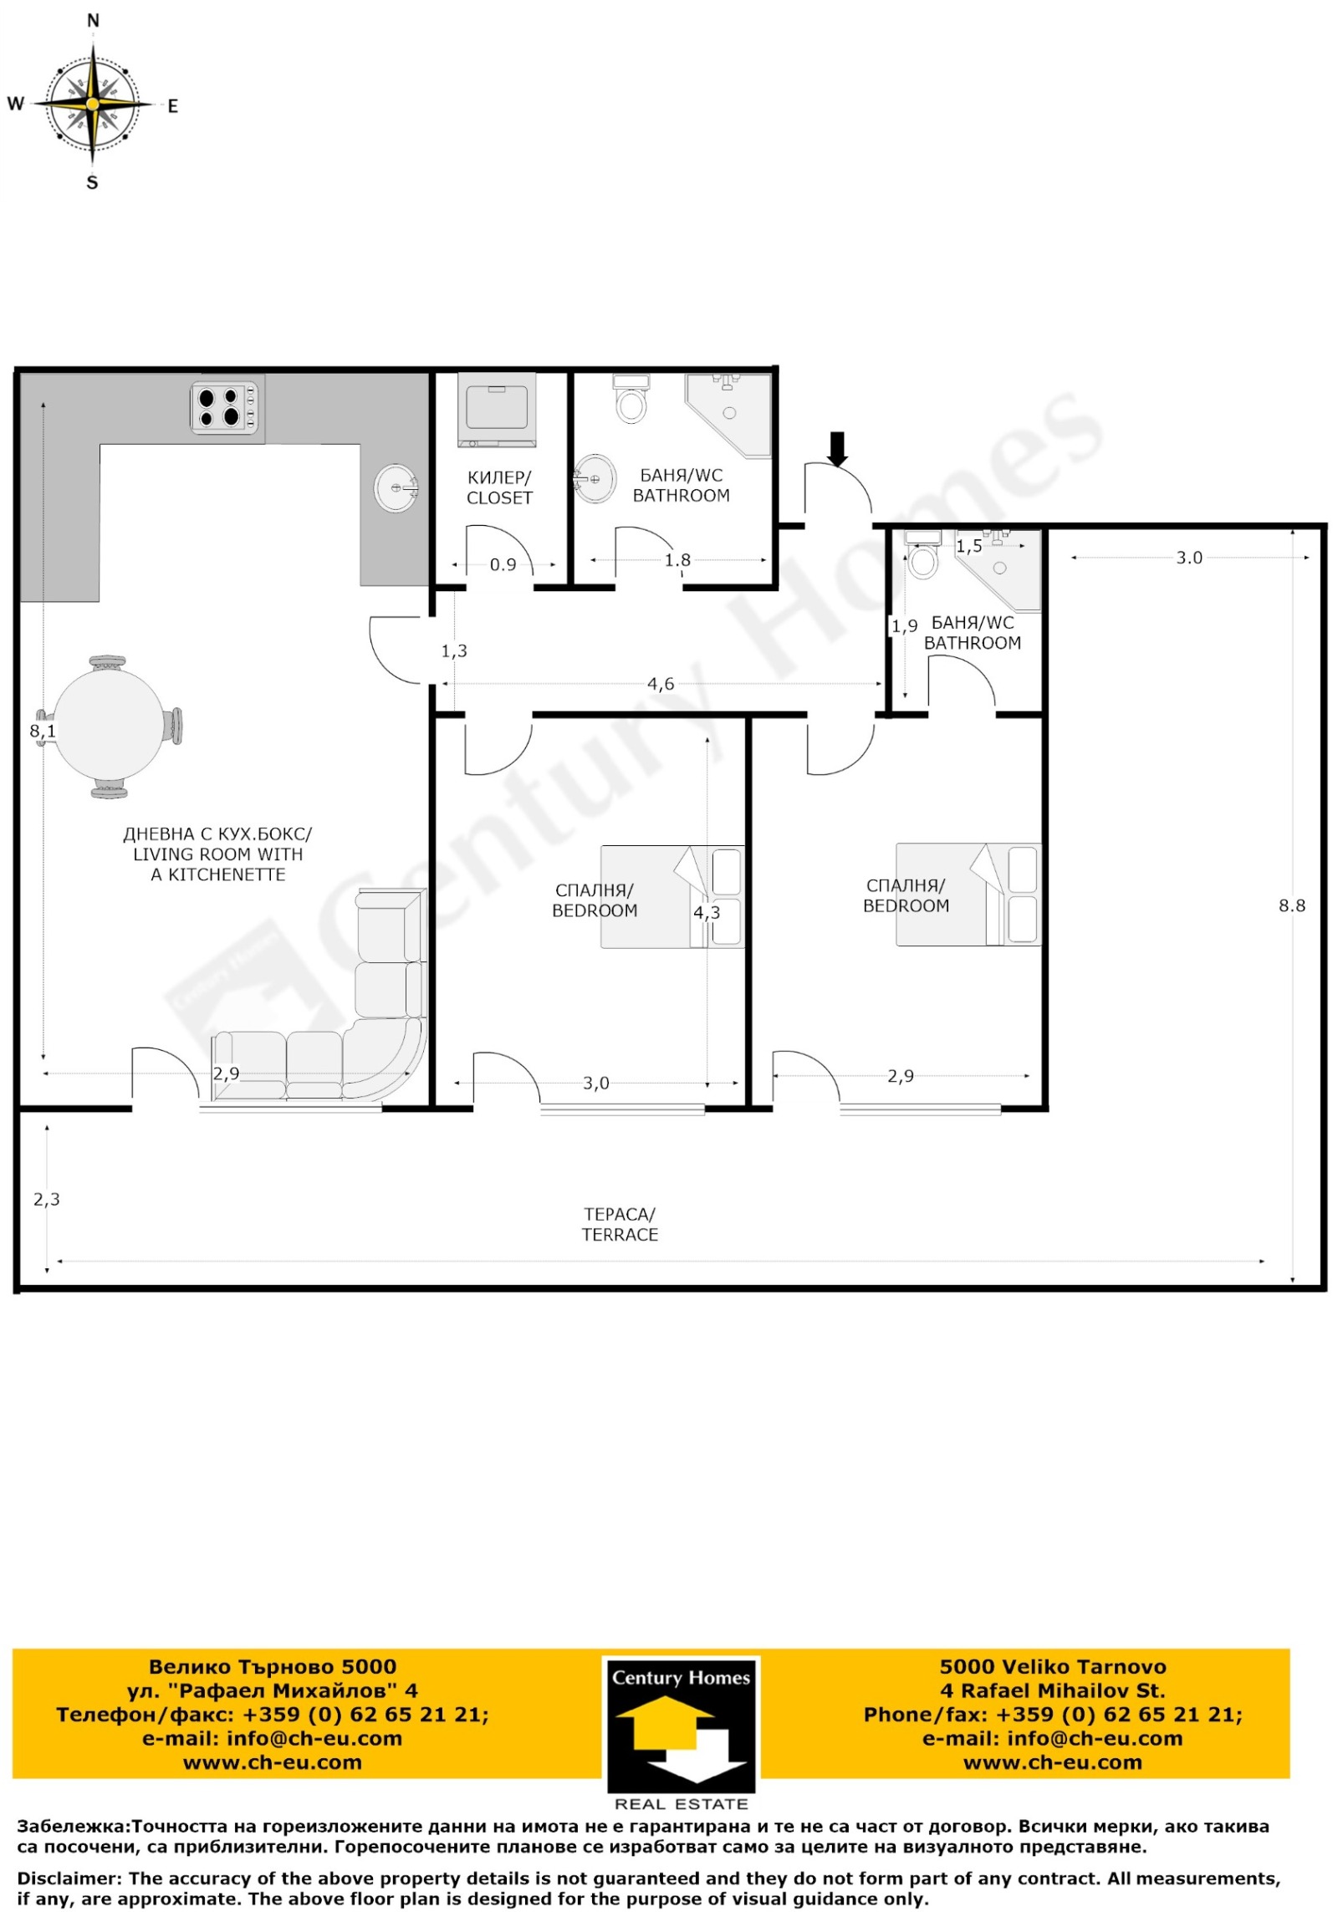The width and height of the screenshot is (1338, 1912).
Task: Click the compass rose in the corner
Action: coord(93,103)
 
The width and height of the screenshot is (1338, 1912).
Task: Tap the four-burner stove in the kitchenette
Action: coord(225,407)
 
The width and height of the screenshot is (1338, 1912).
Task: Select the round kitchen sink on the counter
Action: coord(396,487)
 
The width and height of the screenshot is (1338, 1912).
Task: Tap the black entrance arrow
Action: coord(838,448)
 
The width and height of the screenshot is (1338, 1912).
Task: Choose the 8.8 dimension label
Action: coord(1292,905)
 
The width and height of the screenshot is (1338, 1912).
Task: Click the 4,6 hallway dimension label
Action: coord(661,685)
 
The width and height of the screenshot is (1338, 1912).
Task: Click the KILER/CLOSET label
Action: coord(499,487)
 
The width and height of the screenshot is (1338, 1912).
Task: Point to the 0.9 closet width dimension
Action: coord(503,565)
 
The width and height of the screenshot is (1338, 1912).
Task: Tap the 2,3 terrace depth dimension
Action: coord(47,1200)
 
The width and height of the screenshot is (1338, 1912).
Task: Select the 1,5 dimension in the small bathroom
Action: coord(969,547)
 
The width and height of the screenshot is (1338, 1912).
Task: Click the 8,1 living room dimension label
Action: coord(43,732)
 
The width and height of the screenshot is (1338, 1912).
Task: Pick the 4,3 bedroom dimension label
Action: coord(707,913)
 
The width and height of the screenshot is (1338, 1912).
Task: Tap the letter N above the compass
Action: coord(93,21)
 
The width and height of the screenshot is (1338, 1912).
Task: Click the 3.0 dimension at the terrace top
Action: coord(1189,558)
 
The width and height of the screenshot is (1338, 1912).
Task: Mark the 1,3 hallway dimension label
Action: coord(454,651)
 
